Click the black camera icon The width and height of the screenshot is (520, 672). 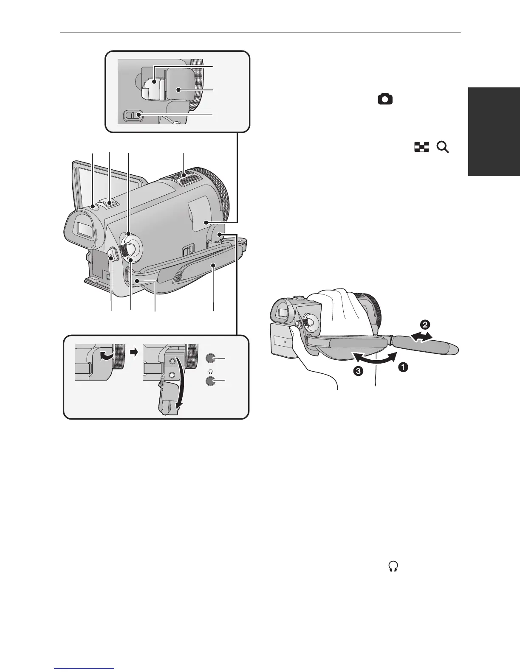pyautogui.click(x=385, y=100)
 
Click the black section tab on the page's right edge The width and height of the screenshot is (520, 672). pyautogui.click(x=495, y=131)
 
